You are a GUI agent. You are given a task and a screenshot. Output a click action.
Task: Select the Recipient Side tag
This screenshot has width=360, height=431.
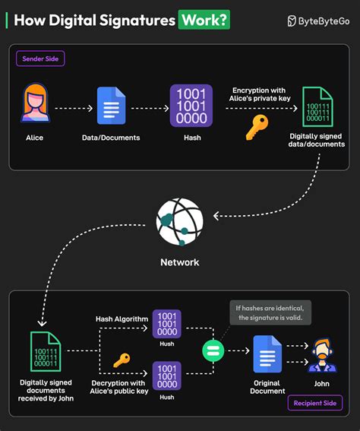314,403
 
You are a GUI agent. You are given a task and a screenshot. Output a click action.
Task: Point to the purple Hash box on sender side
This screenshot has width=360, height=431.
191,106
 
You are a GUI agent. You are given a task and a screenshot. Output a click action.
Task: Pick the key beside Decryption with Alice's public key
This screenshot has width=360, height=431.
122,360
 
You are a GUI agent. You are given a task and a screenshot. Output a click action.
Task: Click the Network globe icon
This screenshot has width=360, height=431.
180,221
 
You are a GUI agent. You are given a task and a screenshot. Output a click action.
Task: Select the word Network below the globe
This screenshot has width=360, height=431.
180,262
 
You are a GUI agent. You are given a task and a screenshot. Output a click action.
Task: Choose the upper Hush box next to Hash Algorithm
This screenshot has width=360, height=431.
166,324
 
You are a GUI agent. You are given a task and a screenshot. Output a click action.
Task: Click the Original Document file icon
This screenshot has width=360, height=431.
267,353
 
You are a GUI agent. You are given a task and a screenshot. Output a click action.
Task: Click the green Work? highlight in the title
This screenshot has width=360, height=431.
204,20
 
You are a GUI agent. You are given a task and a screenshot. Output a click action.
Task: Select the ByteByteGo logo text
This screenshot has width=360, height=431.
323,21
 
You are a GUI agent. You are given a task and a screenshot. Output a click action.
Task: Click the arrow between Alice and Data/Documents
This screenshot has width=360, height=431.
74,108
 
